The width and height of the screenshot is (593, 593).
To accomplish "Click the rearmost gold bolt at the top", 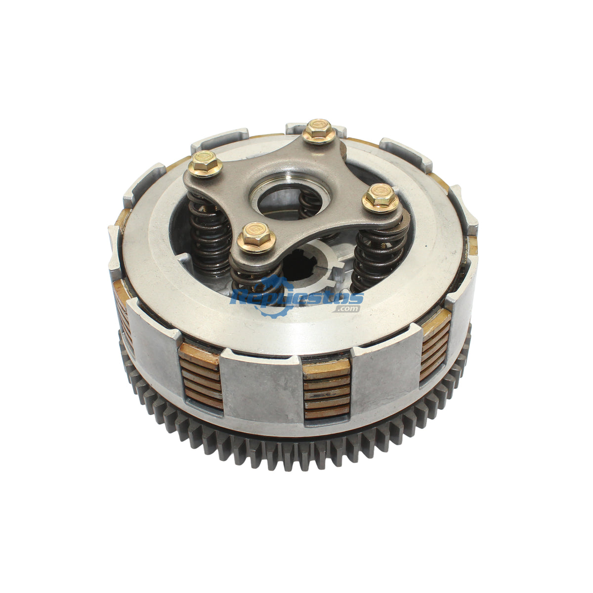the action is (319, 131).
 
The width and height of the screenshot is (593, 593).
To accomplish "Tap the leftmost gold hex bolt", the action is (205, 164).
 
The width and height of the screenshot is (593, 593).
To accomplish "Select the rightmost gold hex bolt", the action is (381, 198).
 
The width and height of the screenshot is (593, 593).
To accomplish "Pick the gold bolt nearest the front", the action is (256, 238).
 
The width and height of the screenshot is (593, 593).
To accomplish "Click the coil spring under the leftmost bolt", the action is (209, 234).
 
